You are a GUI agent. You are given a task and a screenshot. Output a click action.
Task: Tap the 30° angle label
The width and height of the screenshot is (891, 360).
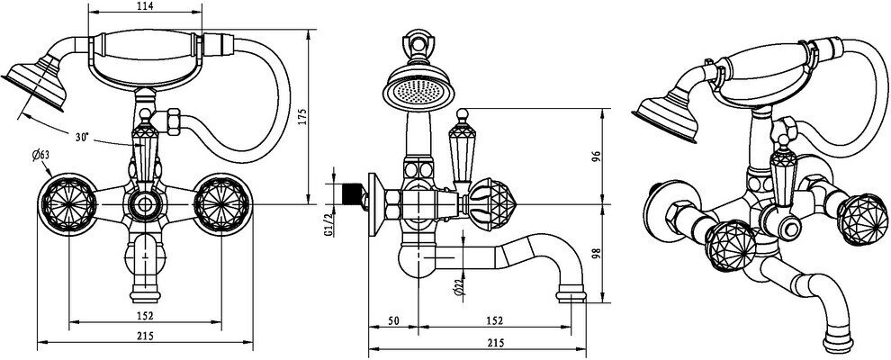(x=82, y=138)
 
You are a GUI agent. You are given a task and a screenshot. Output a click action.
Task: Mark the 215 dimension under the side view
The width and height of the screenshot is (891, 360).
(x=493, y=343)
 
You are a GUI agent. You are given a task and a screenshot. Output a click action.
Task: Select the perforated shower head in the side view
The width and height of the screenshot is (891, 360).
(x=412, y=87)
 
